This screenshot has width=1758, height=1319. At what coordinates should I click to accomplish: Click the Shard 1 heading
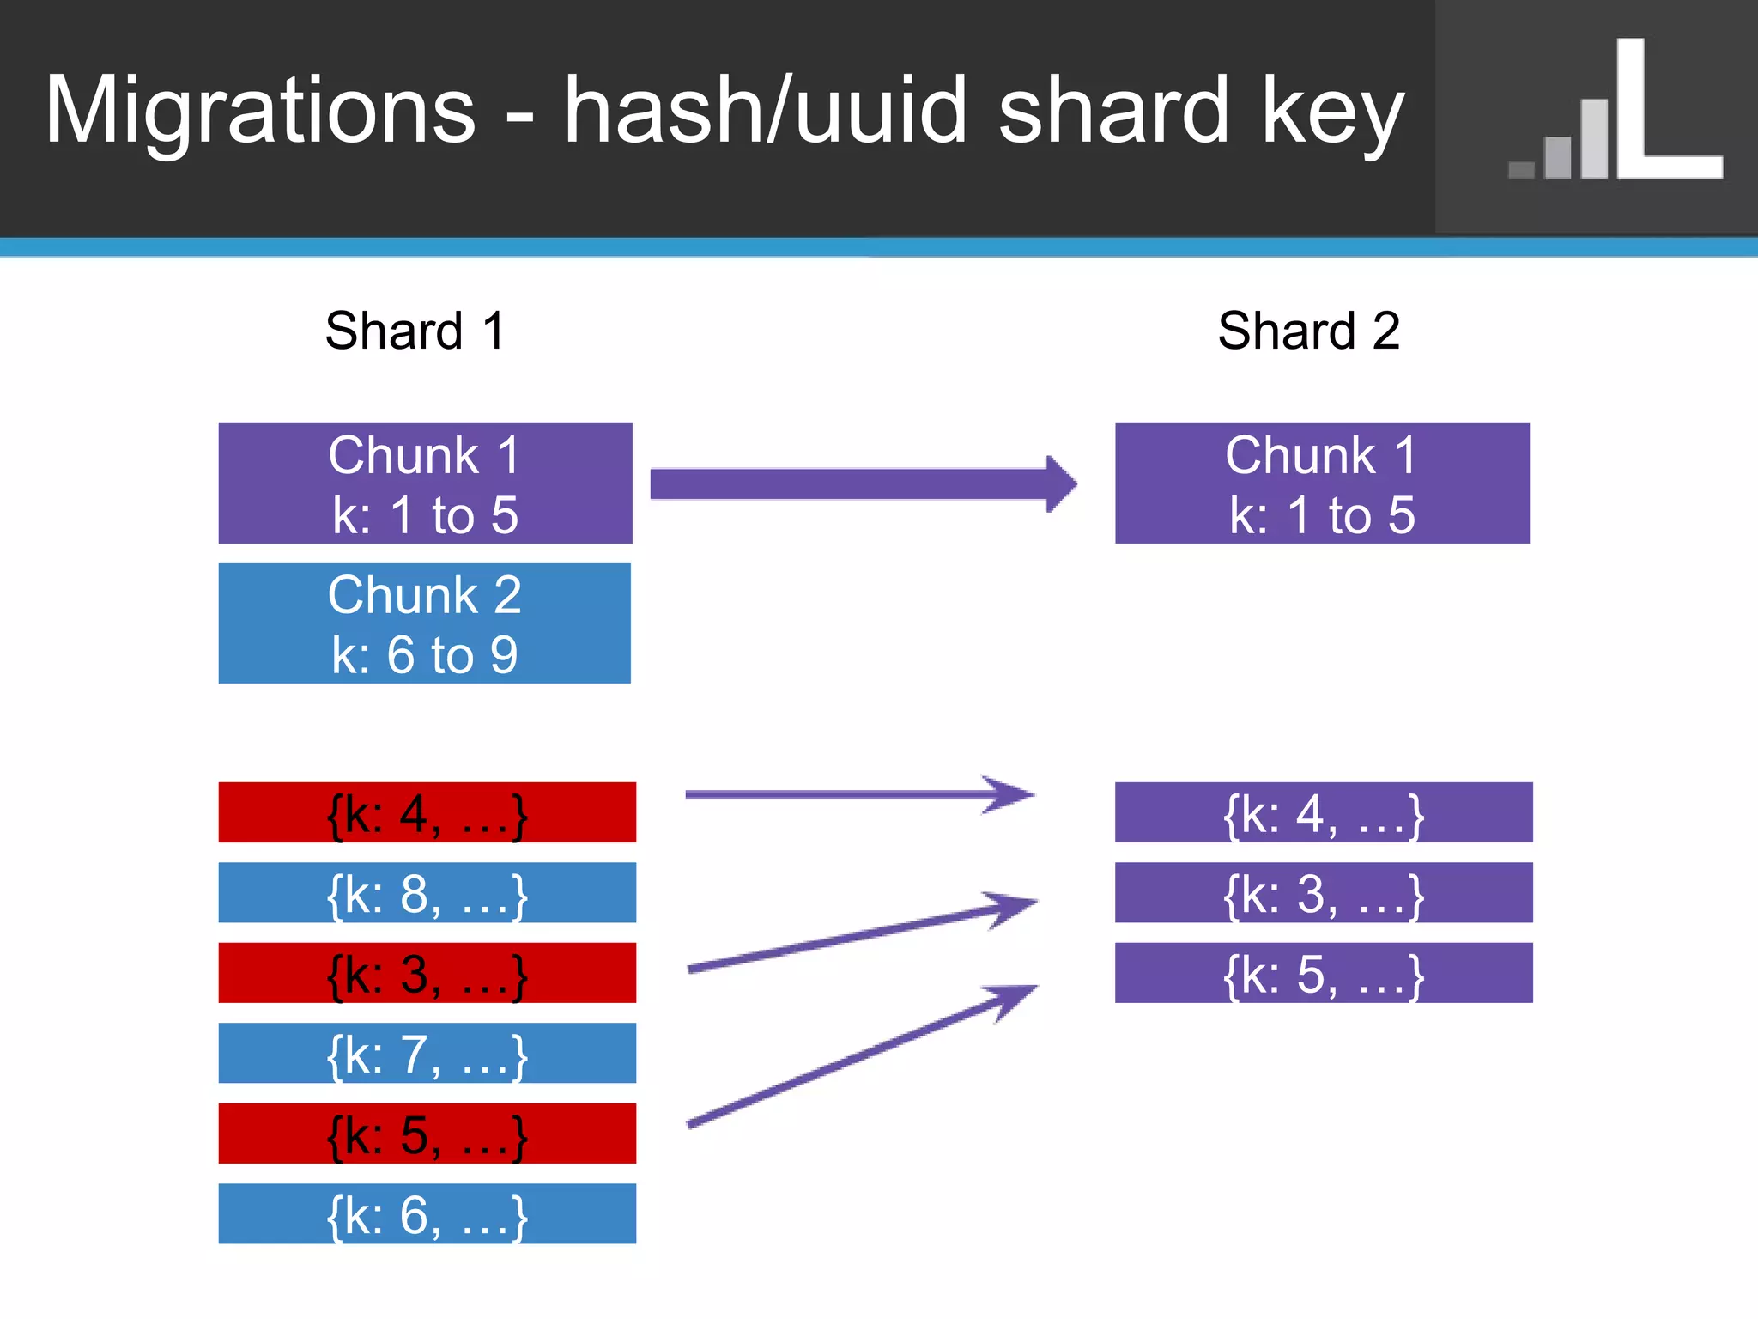pos(415,331)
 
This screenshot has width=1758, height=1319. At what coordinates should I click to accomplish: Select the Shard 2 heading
pos(1308,331)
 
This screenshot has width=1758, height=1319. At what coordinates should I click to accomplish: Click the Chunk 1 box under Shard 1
pos(425,483)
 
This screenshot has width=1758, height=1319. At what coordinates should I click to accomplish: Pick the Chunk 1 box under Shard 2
pos(1322,483)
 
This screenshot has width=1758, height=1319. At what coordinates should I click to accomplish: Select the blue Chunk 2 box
pos(425,623)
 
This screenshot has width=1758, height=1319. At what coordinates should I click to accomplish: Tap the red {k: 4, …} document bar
pos(427,812)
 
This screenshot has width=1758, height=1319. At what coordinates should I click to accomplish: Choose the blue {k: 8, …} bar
pos(427,893)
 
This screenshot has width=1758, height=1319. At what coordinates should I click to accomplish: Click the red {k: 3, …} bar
pos(427,973)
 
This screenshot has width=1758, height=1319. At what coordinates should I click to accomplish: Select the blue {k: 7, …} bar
pos(427,1053)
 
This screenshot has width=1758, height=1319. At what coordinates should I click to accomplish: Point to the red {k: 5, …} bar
pos(427,1134)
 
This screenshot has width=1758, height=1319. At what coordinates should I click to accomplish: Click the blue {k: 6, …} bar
pos(427,1213)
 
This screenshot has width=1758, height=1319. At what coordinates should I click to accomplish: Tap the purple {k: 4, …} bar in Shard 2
pos(1323,812)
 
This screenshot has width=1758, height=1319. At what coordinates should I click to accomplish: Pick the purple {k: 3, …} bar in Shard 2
pos(1323,893)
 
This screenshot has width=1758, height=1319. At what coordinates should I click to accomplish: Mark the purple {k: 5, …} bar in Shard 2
pos(1323,973)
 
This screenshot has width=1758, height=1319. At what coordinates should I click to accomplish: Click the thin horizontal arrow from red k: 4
pos(858,795)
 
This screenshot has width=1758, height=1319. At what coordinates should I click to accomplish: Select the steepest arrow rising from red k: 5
pos(858,1056)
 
